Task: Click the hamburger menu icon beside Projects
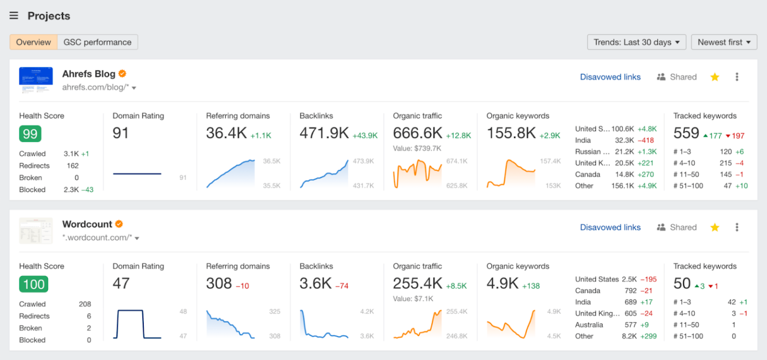coord(14,16)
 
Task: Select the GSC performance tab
coord(97,42)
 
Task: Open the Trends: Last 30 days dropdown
coord(636,42)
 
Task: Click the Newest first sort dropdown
coord(724,42)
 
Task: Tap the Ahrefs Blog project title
coord(88,74)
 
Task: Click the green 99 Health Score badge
coord(30,134)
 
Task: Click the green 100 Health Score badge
coord(33,284)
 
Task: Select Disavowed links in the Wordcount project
coord(610,227)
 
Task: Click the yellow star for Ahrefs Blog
coord(715,77)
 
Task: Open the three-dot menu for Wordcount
coord(737,227)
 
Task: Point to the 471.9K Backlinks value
coord(324,133)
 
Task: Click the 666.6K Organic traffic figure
coord(417,133)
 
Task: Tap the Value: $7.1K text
coord(413,299)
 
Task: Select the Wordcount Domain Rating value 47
coord(121,284)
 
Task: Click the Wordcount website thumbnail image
coord(36,231)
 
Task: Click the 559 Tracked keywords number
coord(686,133)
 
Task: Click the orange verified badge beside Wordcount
coord(119,224)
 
